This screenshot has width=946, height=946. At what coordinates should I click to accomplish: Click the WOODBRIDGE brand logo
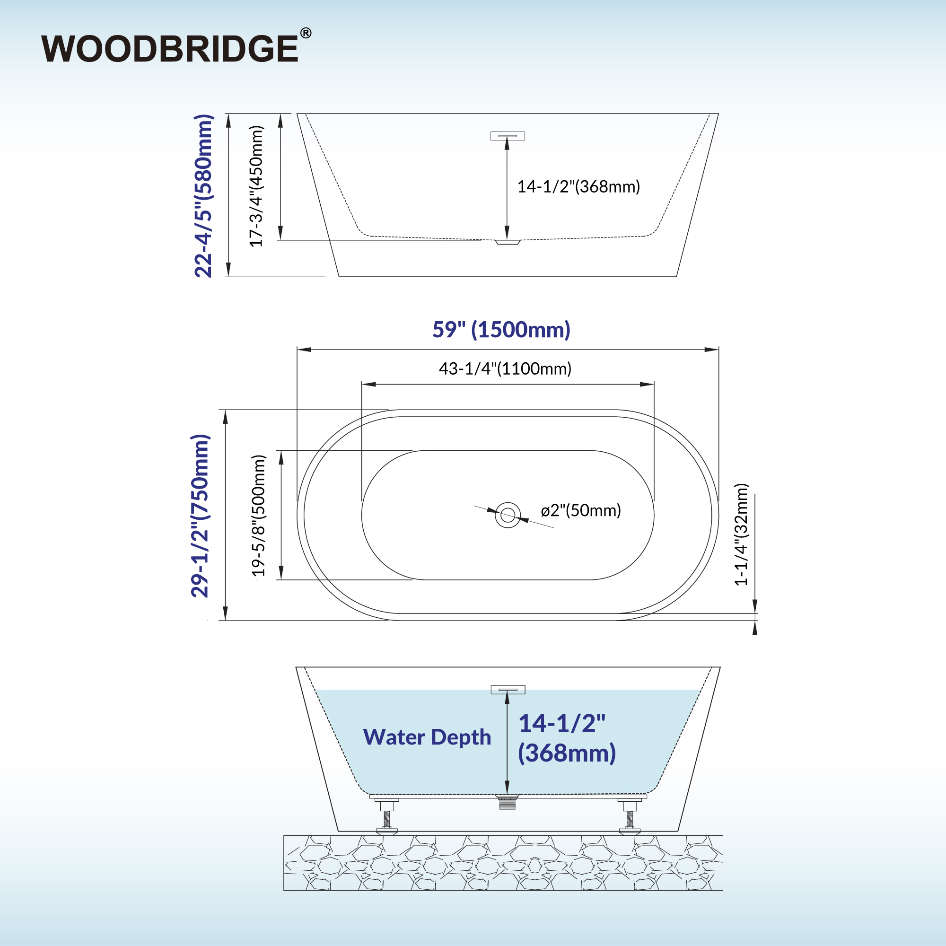tap(170, 48)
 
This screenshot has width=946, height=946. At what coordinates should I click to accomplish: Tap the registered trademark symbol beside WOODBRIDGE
tap(306, 33)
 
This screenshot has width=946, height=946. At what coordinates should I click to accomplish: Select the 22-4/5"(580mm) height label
tap(204, 196)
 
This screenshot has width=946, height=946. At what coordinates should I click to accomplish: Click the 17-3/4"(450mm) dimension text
tap(256, 186)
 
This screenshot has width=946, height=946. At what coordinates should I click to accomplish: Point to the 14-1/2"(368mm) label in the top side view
tap(579, 186)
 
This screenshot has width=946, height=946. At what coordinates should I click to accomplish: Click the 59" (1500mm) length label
tap(501, 330)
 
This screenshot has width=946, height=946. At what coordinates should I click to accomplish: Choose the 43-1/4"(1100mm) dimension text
tap(505, 369)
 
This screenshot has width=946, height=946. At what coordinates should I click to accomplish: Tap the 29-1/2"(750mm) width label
tap(200, 516)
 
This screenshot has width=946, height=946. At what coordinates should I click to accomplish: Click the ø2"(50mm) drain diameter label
tap(581, 510)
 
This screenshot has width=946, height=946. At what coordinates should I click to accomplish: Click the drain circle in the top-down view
tap(508, 515)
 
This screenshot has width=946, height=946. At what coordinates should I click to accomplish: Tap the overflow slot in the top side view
tap(508, 136)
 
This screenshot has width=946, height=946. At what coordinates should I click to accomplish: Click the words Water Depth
tap(427, 737)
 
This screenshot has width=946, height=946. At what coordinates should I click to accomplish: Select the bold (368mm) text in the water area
tap(567, 753)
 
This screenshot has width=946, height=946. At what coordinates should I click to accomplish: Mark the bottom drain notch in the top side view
tap(507, 242)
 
